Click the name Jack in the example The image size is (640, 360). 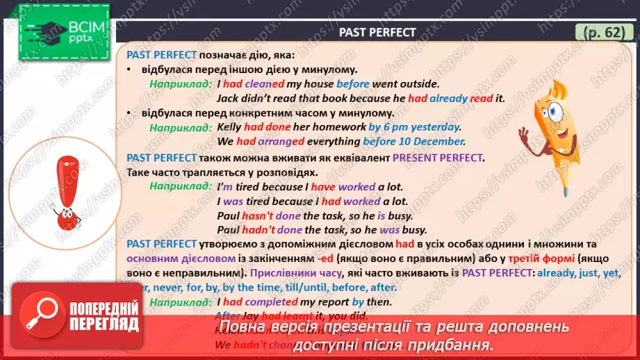tap(228, 98)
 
